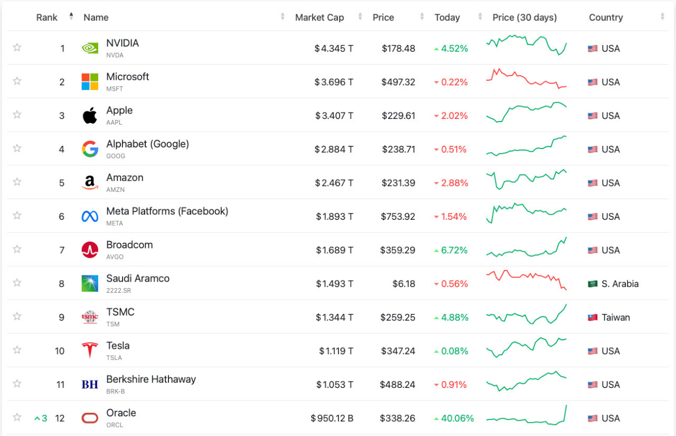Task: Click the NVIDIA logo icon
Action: click(x=90, y=48)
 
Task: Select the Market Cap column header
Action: click(x=320, y=17)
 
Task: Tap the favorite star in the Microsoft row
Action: click(x=17, y=81)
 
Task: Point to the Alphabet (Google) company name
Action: click(x=147, y=144)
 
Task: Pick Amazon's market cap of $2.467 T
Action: click(x=334, y=183)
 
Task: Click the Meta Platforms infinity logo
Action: click(x=90, y=216)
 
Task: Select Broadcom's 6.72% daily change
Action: click(x=454, y=250)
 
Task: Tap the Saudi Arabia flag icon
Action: click(x=593, y=284)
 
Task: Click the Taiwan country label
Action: click(x=615, y=317)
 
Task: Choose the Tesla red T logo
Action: click(x=90, y=350)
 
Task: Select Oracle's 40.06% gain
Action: click(x=457, y=418)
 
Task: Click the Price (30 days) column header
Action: click(x=524, y=17)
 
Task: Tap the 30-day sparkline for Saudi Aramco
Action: click(x=526, y=280)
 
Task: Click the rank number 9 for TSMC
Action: click(x=62, y=317)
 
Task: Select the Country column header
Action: click(x=606, y=17)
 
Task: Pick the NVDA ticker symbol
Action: click(x=115, y=55)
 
